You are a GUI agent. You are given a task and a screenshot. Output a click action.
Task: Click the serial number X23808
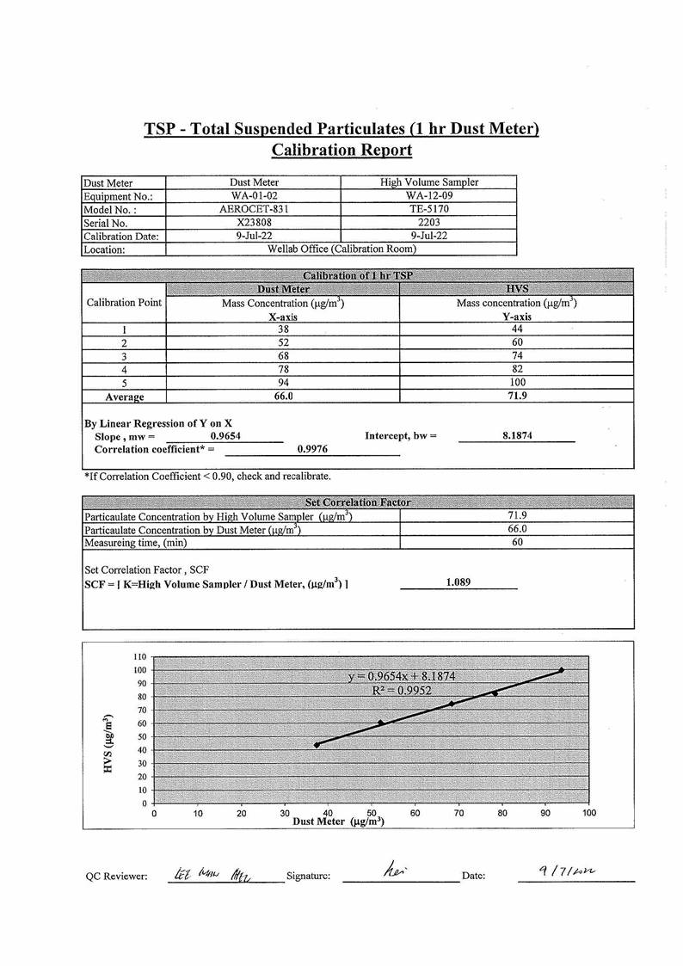pos(254,222)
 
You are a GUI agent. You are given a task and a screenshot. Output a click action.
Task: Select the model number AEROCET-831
pos(254,209)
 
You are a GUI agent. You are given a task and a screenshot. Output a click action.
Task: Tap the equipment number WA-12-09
pos(428,195)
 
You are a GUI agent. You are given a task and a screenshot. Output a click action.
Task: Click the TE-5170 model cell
pos(428,209)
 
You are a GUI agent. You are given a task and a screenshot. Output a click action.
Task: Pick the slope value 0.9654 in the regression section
pos(225,436)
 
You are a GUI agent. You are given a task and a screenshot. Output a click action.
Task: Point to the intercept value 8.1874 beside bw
pos(517,436)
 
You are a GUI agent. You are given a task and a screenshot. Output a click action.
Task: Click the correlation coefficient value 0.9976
pos(311,449)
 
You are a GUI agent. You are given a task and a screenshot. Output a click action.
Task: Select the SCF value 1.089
pos(458,582)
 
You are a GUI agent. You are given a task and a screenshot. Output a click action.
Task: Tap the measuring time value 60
pos(518,543)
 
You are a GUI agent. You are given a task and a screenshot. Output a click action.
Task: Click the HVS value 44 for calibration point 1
pos(517,329)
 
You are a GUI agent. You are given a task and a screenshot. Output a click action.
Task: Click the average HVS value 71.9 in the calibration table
pos(517,397)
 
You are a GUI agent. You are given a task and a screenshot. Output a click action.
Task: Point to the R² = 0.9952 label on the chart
pos(402,690)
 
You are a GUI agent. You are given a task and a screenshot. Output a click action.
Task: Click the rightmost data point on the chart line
pos(562,670)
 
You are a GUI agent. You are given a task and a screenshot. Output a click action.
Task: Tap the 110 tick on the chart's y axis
pos(139,656)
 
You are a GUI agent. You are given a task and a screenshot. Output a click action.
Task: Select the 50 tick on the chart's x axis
pos(372,812)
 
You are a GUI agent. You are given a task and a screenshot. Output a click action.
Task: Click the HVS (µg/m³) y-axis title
pos(108,742)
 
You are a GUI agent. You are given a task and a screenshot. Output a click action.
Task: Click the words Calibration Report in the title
pos(341,151)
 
